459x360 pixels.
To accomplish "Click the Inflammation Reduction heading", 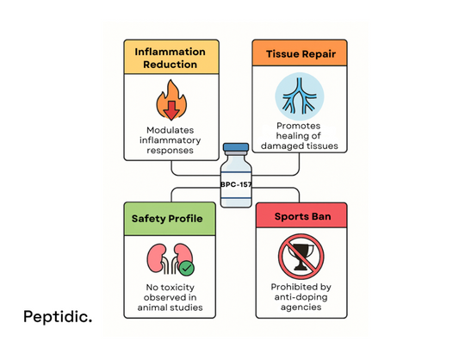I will tap(171, 56).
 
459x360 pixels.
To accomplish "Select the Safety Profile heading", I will tap(167, 218).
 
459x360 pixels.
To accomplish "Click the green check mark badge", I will tap(186, 267).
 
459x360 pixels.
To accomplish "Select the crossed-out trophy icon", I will tap(301, 257).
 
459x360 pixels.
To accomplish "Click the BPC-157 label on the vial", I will tap(235, 184).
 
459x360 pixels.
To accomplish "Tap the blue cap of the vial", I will tap(235, 148).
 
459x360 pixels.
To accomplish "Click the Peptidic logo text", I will tap(58, 316).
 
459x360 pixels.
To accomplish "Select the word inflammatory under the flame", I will tap(171, 139).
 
